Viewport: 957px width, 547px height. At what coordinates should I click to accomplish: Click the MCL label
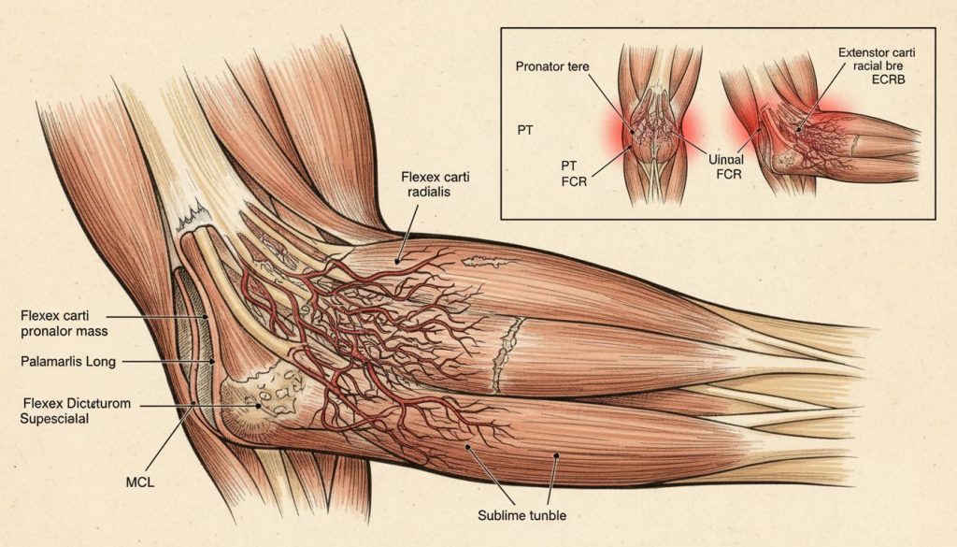click(x=140, y=482)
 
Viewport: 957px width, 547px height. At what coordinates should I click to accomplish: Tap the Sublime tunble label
click(x=521, y=515)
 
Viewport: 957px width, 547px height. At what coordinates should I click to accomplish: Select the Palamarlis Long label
click(x=67, y=362)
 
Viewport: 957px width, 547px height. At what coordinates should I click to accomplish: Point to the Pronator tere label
click(x=552, y=66)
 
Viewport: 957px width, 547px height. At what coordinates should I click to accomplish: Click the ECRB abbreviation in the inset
click(x=889, y=79)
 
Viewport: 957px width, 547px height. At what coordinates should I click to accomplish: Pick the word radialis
click(x=426, y=192)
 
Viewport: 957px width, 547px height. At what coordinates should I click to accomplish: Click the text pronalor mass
click(x=64, y=332)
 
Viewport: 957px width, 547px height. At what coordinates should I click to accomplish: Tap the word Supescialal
click(x=54, y=418)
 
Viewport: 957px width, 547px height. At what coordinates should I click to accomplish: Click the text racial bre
click(x=878, y=66)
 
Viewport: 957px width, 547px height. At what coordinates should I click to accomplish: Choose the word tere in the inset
click(x=578, y=66)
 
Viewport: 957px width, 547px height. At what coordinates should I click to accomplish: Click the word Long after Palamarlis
click(x=101, y=362)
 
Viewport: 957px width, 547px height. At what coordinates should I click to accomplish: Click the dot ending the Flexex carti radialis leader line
click(x=397, y=261)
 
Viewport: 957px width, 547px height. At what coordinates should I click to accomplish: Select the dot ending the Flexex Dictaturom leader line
click(x=258, y=405)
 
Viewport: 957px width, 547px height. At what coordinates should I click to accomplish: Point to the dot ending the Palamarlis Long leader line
click(x=212, y=362)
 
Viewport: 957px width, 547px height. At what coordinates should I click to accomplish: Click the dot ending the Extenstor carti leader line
click(x=798, y=129)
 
